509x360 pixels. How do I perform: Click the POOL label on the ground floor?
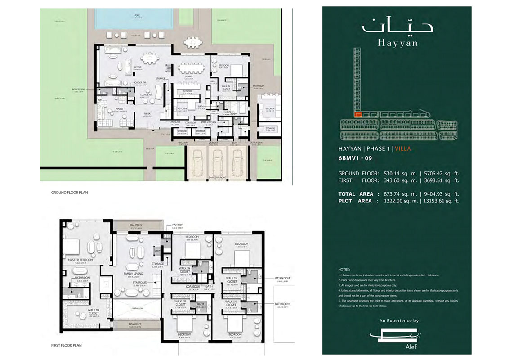pyautogui.click(x=137, y=15)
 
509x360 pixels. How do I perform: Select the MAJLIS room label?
pyautogui.click(x=120, y=109)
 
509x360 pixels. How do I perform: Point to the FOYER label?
pyautogui.click(x=147, y=113)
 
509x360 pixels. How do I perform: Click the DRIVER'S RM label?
pyautogui.click(x=256, y=142)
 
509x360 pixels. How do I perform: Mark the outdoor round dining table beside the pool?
pyautogui.click(x=192, y=42)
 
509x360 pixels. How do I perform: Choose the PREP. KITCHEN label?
pyautogui.click(x=209, y=122)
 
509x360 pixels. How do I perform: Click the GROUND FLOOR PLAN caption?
pyautogui.click(x=69, y=193)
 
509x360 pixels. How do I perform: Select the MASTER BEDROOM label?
pyautogui.click(x=80, y=259)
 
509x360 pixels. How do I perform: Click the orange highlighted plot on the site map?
pyautogui.click(x=358, y=115)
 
